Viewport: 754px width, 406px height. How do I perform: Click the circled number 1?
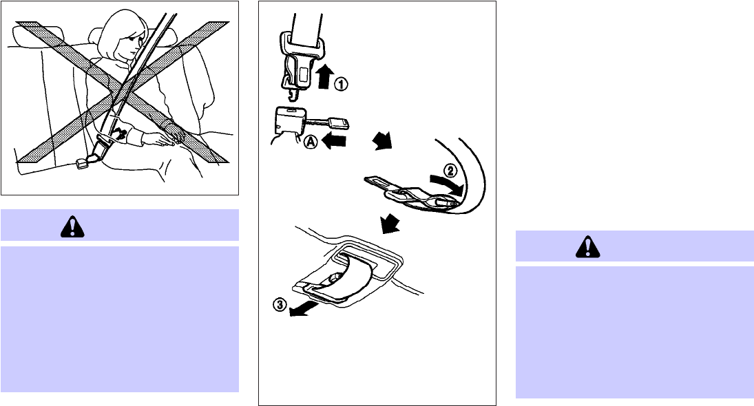(340, 84)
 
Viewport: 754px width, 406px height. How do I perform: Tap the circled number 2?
(450, 170)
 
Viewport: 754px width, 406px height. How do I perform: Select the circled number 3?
(280, 304)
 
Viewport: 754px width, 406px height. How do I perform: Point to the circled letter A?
(311, 142)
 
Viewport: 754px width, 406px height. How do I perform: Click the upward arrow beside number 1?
(326, 76)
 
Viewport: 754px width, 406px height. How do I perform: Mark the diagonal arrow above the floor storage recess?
(390, 224)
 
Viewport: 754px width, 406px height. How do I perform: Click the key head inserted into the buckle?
(339, 124)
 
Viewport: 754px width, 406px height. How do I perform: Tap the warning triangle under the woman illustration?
(72, 226)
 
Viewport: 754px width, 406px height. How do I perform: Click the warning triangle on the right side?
(587, 247)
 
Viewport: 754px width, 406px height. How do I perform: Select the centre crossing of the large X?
(122, 91)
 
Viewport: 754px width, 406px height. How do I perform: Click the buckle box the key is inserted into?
(289, 120)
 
